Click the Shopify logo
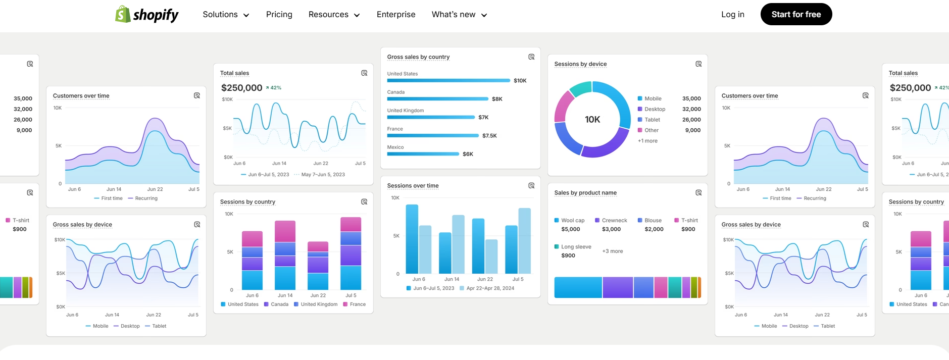(x=146, y=15)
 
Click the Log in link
(x=732, y=15)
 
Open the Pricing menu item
(x=279, y=15)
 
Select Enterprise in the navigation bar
(x=395, y=15)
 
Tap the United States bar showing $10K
(x=448, y=81)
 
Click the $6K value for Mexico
(x=468, y=154)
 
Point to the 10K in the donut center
(x=592, y=120)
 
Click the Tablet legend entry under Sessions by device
(x=652, y=120)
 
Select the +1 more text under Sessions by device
(x=647, y=141)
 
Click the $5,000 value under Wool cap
(x=571, y=229)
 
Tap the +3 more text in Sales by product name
(x=612, y=251)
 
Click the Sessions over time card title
(x=413, y=186)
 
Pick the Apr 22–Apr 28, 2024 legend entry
(x=490, y=288)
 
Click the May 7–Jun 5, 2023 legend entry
(x=322, y=175)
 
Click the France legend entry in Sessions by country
(x=357, y=304)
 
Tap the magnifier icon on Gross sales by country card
(x=531, y=57)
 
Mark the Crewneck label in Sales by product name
(x=614, y=221)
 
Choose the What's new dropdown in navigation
(x=459, y=15)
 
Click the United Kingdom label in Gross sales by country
(x=405, y=111)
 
